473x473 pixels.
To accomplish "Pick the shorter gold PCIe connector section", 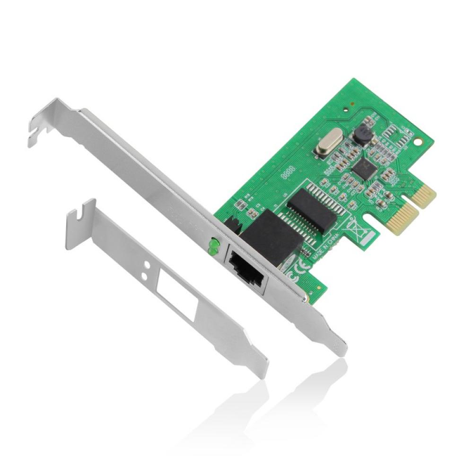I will (424, 193).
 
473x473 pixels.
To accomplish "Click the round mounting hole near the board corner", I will (417, 140).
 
